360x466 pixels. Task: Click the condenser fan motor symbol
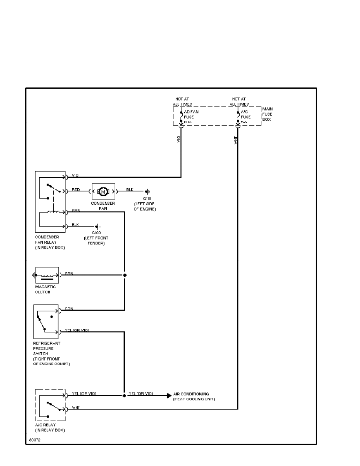(103, 191)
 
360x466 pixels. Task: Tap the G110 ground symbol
(147, 192)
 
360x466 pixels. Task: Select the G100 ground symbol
(98, 227)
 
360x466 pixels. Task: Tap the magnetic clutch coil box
(47, 275)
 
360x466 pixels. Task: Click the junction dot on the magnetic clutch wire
(125, 275)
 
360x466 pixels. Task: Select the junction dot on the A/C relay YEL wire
(124, 395)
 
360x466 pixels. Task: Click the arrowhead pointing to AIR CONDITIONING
(169, 395)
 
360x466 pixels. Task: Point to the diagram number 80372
(35, 440)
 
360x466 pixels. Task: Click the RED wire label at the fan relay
(76, 189)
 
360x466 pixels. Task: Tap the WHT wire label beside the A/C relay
(76, 408)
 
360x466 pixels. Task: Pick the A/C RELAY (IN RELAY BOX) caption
(50, 428)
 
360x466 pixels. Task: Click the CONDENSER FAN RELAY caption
(50, 242)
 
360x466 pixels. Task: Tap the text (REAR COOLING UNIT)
(194, 399)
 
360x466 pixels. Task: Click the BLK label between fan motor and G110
(130, 189)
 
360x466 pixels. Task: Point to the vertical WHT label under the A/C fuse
(236, 140)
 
